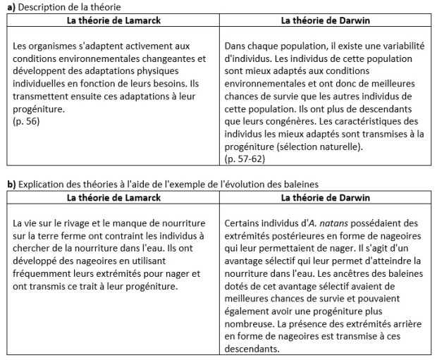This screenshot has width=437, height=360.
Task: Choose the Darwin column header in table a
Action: [325, 20]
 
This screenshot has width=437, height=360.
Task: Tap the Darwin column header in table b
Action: [325, 197]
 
